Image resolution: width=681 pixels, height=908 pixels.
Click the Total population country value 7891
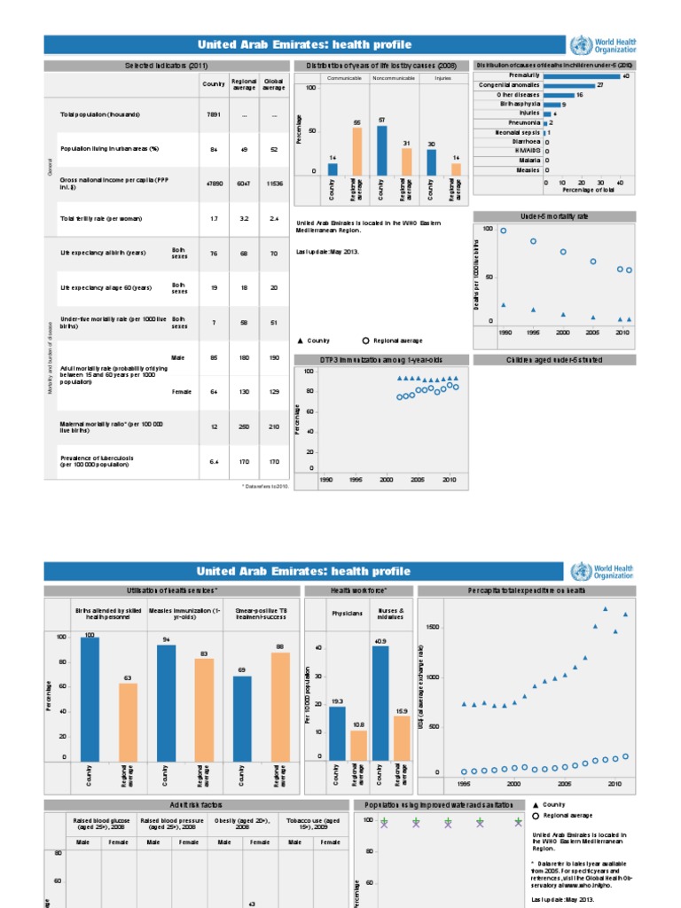(213, 115)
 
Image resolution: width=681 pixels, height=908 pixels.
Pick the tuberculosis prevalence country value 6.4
(213, 461)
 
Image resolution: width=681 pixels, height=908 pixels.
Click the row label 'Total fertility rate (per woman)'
(101, 219)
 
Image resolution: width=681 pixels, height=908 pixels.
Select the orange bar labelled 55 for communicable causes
(357, 152)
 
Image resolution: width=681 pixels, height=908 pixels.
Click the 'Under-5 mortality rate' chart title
(554, 216)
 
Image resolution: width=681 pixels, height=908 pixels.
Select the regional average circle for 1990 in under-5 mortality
(504, 231)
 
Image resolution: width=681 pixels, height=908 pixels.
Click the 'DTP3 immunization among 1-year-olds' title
(380, 360)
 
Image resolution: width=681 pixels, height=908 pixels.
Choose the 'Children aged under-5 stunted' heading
(554, 360)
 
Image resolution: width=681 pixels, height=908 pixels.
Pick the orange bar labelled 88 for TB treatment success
(280, 706)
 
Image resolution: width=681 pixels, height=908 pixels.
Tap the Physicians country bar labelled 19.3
(337, 732)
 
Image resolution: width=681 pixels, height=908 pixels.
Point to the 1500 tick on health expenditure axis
(432, 627)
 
